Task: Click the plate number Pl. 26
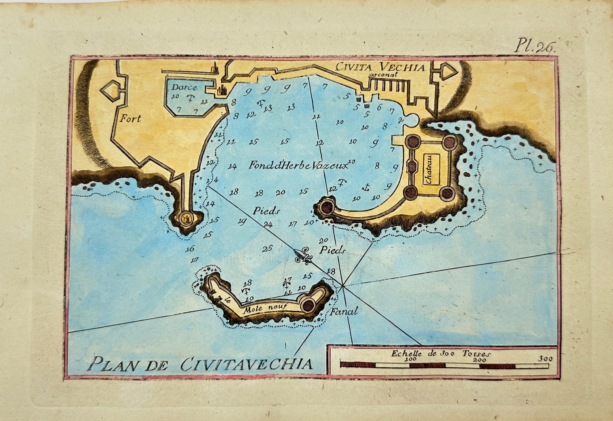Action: coord(534,45)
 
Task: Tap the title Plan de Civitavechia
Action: coord(199,364)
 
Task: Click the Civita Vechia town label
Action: coord(380,67)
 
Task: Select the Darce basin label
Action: coord(184,87)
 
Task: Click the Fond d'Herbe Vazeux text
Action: coord(298,166)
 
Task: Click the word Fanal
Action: coord(344,311)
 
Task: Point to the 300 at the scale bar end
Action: coord(545,359)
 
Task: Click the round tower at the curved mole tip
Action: coord(327,208)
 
